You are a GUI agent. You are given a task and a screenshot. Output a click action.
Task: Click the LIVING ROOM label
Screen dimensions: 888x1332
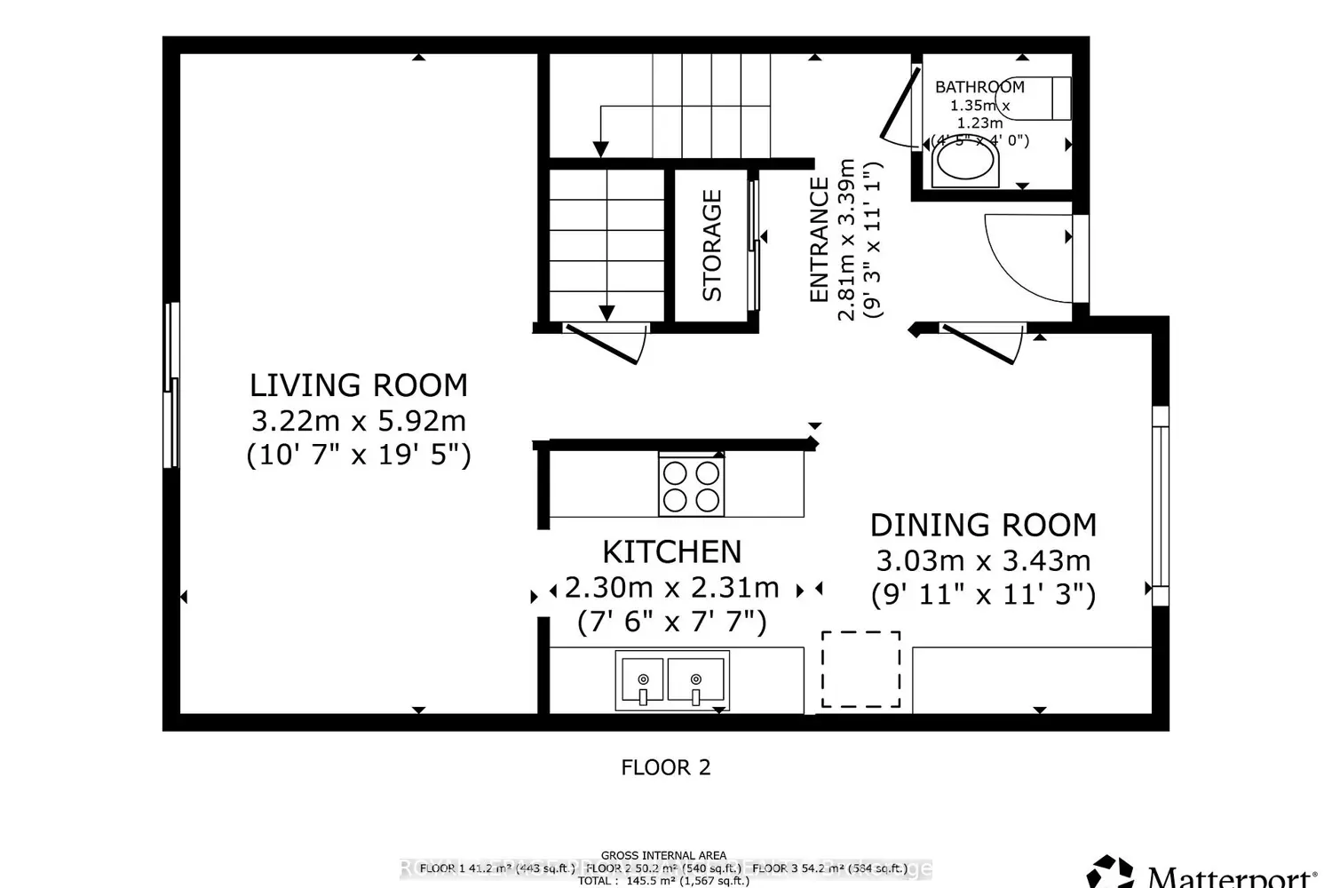(358, 385)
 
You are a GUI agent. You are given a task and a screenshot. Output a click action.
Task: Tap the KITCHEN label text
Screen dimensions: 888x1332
(671, 552)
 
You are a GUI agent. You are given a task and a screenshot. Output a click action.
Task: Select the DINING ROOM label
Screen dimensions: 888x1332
(983, 526)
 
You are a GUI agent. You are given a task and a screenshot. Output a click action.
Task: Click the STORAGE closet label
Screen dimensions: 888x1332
(712, 246)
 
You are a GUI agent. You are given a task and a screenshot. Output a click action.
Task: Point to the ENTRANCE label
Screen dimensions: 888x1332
(819, 240)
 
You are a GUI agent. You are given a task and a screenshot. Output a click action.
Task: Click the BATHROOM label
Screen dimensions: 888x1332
(979, 87)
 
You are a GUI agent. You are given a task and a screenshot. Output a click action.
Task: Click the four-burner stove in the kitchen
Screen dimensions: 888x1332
(691, 486)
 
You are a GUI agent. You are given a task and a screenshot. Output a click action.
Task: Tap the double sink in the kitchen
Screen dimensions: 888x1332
(672, 681)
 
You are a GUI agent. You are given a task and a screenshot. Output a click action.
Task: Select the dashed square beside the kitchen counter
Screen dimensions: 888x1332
(860, 670)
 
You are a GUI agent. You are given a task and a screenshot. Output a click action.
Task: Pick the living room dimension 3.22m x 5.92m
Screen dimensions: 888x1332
(358, 421)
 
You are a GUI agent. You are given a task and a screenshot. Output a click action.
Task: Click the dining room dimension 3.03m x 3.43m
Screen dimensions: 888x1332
(983, 561)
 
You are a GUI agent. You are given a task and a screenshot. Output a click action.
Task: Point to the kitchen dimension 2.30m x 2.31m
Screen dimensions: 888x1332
(672, 588)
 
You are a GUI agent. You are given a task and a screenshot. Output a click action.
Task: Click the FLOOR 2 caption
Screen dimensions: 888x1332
(666, 767)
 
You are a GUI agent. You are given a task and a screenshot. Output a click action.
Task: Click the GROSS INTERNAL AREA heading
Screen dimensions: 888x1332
(663, 856)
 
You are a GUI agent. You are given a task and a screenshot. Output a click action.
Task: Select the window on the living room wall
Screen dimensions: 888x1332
(171, 385)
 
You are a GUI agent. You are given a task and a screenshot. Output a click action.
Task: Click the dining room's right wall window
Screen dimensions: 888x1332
(1159, 504)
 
